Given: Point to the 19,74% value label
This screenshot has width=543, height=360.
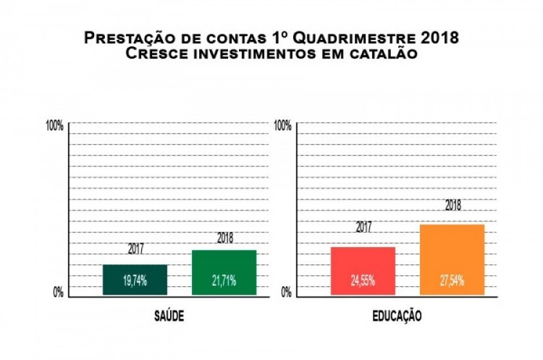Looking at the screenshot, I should click(135, 281).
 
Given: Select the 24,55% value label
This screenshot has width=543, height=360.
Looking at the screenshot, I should click(363, 281).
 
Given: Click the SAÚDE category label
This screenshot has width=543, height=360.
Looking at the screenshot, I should click(168, 317).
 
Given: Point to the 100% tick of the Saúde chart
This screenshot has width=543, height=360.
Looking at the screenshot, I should click(54, 125).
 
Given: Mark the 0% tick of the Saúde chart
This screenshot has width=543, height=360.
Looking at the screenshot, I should click(58, 292).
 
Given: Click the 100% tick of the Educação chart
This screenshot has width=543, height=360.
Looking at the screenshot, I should click(282, 125).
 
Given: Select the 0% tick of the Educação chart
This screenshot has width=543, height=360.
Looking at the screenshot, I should click(286, 292).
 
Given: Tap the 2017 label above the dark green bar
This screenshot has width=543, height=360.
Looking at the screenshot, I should click(135, 249).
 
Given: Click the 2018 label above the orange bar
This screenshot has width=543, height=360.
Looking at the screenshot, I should click(453, 205).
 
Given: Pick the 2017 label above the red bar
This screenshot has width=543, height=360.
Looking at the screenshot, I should click(363, 227).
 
